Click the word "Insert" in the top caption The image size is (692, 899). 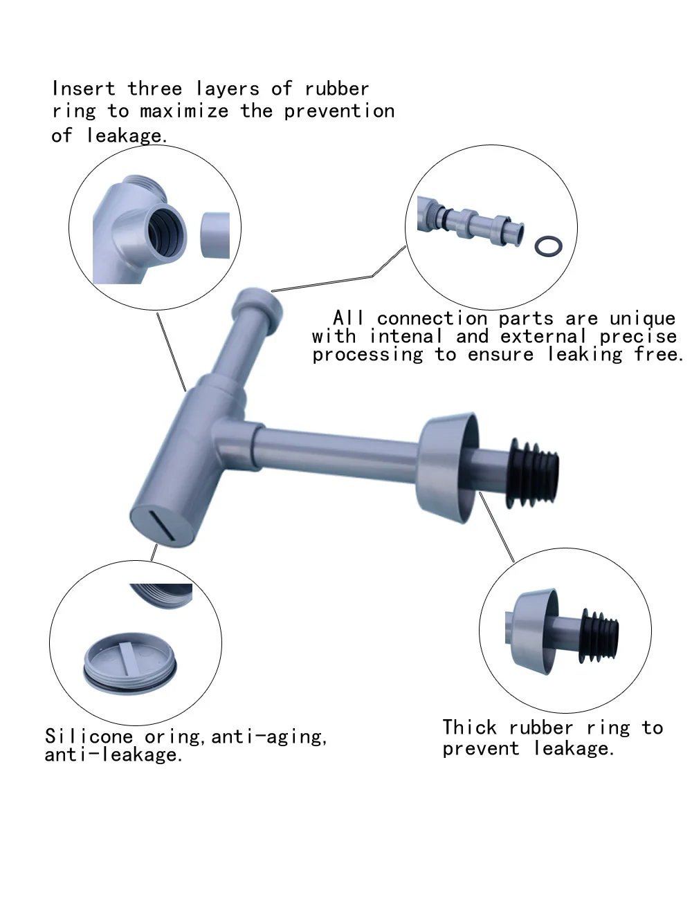[83, 89]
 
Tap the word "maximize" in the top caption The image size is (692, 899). [184, 111]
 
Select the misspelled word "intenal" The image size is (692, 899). [406, 336]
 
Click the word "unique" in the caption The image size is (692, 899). [642, 319]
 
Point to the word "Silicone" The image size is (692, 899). [89, 736]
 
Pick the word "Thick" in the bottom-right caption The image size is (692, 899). [469, 727]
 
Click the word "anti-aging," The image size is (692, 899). [269, 737]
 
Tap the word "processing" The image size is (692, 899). [367, 355]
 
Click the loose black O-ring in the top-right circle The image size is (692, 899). [548, 246]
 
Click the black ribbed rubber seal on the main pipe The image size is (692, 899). [533, 473]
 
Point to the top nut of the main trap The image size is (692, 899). [257, 308]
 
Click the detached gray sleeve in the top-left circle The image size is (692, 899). [215, 235]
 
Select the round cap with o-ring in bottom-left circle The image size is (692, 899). [130, 663]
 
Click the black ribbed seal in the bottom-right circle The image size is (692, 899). [599, 637]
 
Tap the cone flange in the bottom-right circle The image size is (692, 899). [534, 632]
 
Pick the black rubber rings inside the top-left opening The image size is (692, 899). [165, 233]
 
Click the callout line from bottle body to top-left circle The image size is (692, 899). [172, 352]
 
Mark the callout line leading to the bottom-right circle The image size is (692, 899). [497, 527]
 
